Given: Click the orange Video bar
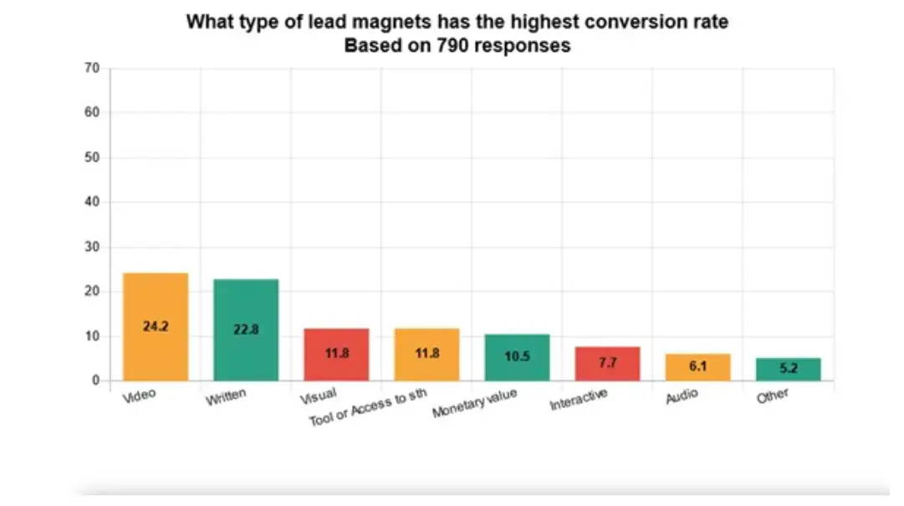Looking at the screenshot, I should (156, 327).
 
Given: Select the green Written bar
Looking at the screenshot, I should (246, 330).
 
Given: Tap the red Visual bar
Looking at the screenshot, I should (336, 355).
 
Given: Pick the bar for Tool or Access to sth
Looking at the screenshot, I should (426, 355).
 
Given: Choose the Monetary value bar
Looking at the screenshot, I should (517, 358).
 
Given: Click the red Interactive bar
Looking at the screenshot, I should (607, 364).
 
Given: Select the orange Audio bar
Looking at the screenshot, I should (697, 367).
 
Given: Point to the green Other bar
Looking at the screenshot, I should (788, 369).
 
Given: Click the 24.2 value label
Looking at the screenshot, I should (156, 326).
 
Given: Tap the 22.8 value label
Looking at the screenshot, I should (246, 330).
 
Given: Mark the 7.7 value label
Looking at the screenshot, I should (607, 363).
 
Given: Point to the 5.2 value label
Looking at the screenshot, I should (788, 368).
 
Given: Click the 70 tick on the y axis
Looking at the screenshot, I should (93, 68).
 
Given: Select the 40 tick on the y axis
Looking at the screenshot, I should (93, 202).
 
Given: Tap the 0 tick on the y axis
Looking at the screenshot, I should (96, 381).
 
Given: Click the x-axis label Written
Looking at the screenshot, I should (227, 396).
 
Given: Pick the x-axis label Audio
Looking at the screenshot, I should (682, 396).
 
